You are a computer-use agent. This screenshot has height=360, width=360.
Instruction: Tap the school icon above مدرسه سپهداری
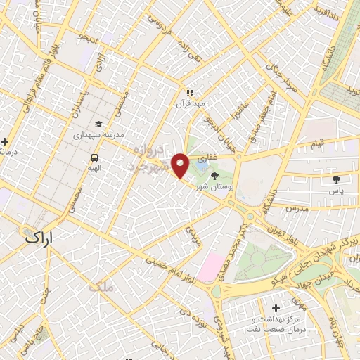pos(98,124)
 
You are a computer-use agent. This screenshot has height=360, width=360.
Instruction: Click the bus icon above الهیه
pos(94,158)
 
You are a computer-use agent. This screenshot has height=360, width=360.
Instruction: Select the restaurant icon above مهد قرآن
pos(189,92)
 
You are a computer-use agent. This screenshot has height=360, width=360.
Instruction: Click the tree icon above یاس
pos(336,179)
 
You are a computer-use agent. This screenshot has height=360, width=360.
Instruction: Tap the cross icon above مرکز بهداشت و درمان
pos(275,309)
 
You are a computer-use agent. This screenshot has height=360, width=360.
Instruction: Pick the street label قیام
pos(316,144)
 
